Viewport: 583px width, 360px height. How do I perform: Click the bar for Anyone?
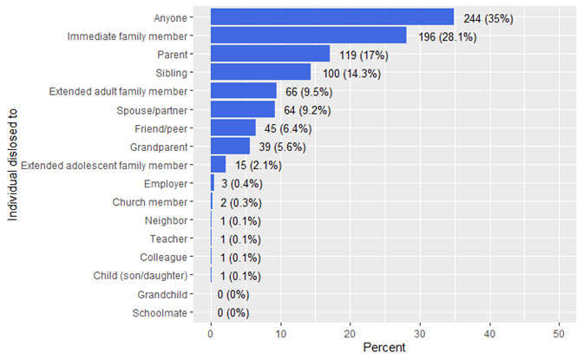(332, 17)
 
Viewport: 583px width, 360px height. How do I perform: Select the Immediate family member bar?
(309, 36)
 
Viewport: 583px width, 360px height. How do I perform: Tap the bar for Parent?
(271, 54)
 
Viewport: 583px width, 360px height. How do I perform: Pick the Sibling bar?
(260, 72)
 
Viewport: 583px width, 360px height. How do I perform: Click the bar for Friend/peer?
(233, 128)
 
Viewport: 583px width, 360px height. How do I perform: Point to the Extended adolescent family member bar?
(219, 164)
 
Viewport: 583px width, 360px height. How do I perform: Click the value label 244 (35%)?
(488, 18)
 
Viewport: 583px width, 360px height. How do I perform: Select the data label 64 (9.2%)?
(307, 110)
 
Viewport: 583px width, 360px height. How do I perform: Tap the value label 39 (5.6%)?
(282, 147)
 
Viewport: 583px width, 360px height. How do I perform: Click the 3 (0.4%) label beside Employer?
(242, 184)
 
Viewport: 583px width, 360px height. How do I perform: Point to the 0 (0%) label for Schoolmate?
(233, 313)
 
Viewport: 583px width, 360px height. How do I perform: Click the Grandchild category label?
(162, 295)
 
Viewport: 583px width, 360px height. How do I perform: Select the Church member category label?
(150, 202)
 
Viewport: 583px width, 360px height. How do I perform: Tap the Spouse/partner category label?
(152, 110)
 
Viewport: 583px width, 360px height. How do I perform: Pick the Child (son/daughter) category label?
(141, 276)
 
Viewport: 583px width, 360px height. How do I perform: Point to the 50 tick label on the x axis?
(559, 334)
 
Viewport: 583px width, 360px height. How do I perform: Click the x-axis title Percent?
(384, 348)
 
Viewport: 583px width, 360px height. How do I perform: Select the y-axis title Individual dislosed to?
(13, 165)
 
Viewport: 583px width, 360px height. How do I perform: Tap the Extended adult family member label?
(118, 91)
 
